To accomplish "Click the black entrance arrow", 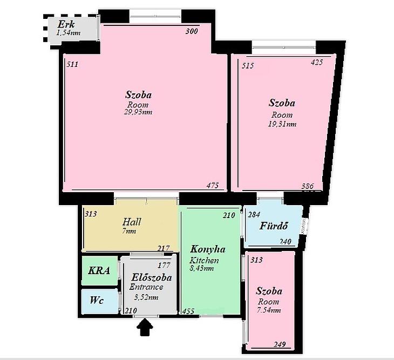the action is pos(145,327).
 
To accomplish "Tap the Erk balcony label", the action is pos(66,24).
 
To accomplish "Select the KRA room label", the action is pos(99,270).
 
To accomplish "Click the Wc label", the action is pos(97,300).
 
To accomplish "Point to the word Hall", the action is pos(132,222).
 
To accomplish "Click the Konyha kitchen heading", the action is pos(208,249).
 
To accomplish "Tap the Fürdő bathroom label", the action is pos(274,226).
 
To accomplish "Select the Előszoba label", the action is pos(152,277).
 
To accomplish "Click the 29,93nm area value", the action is pos(138,112).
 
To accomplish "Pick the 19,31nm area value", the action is pos(282,124).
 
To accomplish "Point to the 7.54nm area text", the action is pos(269,310).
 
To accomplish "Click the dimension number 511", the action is pos(72,65).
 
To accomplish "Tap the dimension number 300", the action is pos(192,31).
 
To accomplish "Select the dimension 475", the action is pos(213,186).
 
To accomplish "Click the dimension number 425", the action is pos(317,62).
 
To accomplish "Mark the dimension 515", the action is pos(248,66).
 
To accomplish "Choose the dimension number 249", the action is pos(280,344).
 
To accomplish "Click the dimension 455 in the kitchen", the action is pos(188,311).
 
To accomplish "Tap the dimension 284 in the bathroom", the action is pos(254,215).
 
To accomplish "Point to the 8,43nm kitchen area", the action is pos(202,268).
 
